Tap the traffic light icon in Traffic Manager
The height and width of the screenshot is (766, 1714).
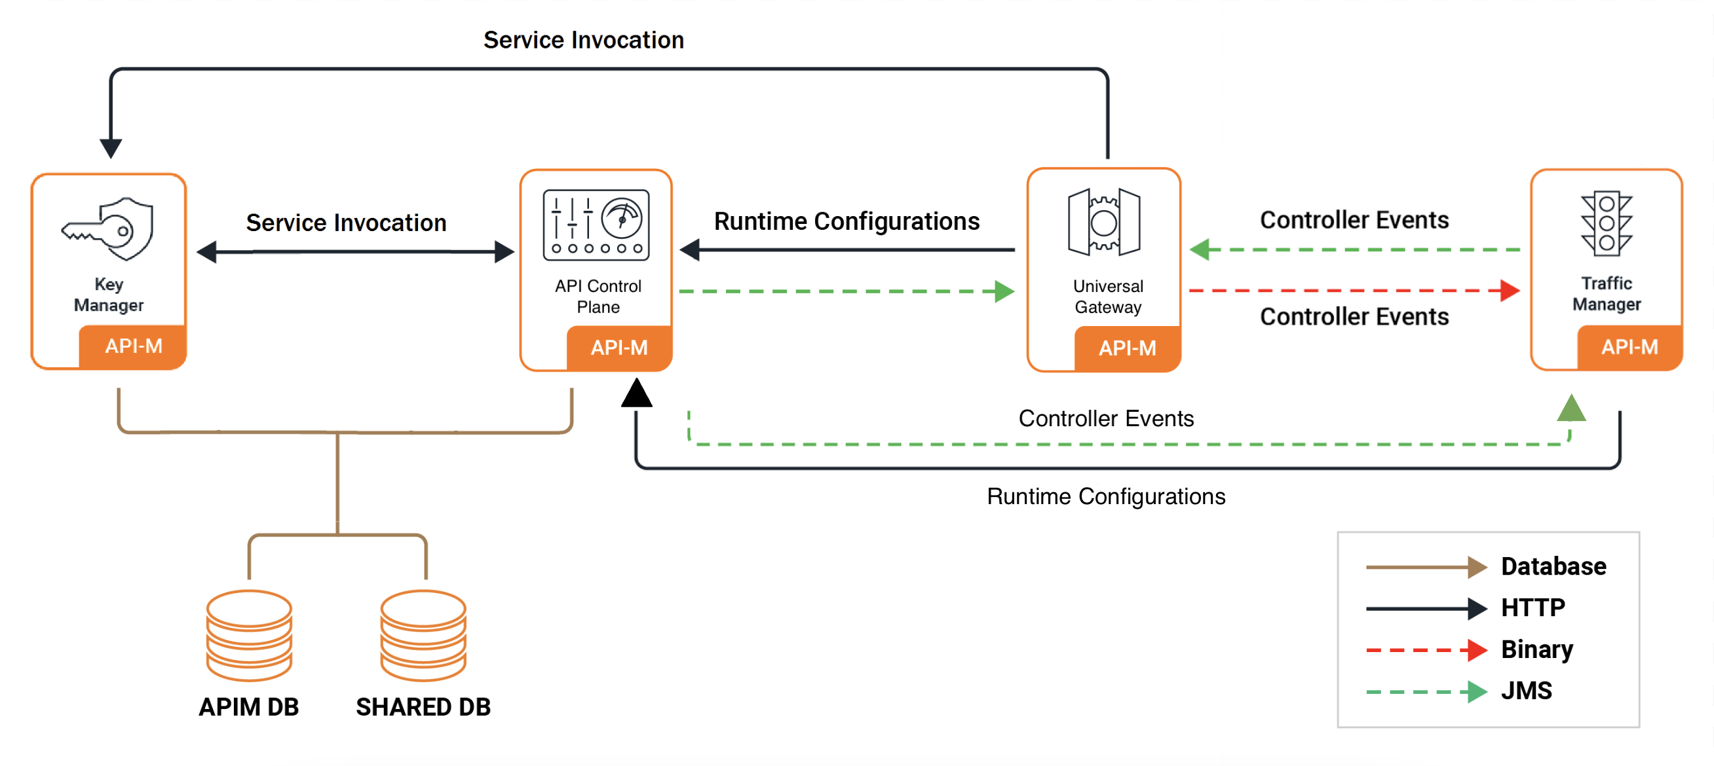click(1606, 223)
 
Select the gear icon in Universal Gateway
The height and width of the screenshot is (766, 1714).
click(1104, 222)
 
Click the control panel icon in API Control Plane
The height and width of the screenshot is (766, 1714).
click(596, 225)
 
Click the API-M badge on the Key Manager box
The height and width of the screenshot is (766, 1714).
click(133, 346)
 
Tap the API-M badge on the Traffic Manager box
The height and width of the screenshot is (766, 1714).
click(1629, 346)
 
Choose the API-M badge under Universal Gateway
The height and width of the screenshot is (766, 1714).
click(1127, 348)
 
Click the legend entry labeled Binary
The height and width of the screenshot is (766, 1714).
click(1537, 649)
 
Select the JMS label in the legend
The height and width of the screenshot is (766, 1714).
click(1527, 691)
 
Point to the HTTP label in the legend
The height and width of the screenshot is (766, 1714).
click(1533, 607)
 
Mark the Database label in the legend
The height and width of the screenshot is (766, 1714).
click(1553, 566)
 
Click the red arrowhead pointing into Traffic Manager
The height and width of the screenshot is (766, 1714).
click(1510, 291)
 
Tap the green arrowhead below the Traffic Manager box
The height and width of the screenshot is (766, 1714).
click(1571, 409)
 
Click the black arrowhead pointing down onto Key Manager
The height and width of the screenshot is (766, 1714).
click(111, 148)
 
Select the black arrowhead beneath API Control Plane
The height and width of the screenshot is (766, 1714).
click(637, 393)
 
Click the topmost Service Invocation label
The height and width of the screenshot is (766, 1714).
click(584, 40)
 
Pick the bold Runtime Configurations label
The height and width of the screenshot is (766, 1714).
click(847, 221)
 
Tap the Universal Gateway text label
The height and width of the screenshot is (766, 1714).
click(1108, 296)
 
